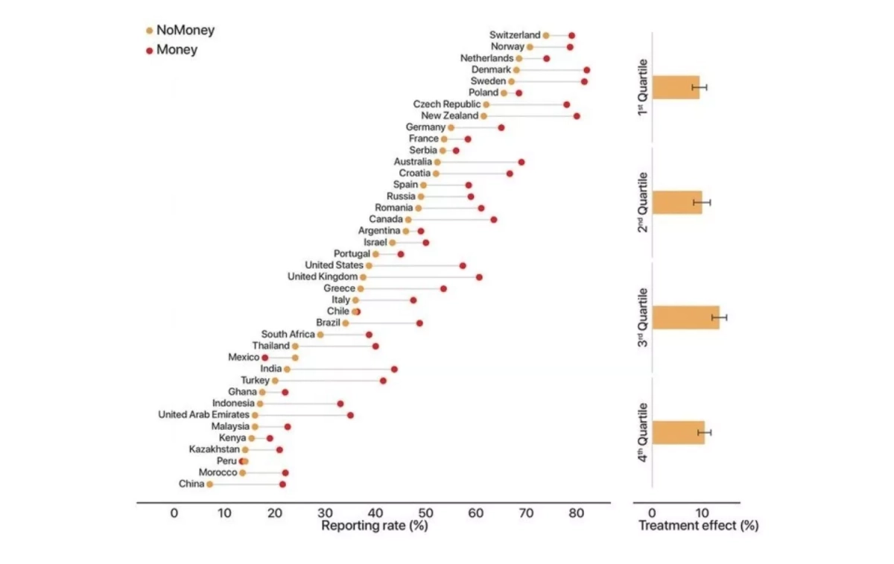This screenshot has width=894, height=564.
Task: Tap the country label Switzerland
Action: click(x=515, y=35)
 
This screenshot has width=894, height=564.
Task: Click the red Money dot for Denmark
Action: click(x=587, y=70)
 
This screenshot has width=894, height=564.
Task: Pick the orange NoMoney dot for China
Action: click(x=210, y=484)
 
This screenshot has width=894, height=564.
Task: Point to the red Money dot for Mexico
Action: click(x=264, y=358)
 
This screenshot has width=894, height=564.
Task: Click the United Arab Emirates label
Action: click(x=203, y=415)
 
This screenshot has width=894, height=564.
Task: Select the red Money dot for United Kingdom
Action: click(x=479, y=277)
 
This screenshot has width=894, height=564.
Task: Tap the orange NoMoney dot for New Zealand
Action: click(x=484, y=116)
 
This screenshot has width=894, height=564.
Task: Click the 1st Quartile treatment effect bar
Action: click(x=676, y=87)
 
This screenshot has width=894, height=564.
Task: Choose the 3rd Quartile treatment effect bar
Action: click(x=685, y=317)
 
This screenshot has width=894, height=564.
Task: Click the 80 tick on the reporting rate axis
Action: click(x=577, y=513)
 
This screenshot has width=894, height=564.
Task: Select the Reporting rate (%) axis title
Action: click(x=374, y=525)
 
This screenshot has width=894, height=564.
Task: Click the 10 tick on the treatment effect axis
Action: click(x=701, y=513)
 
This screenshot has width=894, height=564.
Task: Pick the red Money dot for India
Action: click(x=394, y=369)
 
